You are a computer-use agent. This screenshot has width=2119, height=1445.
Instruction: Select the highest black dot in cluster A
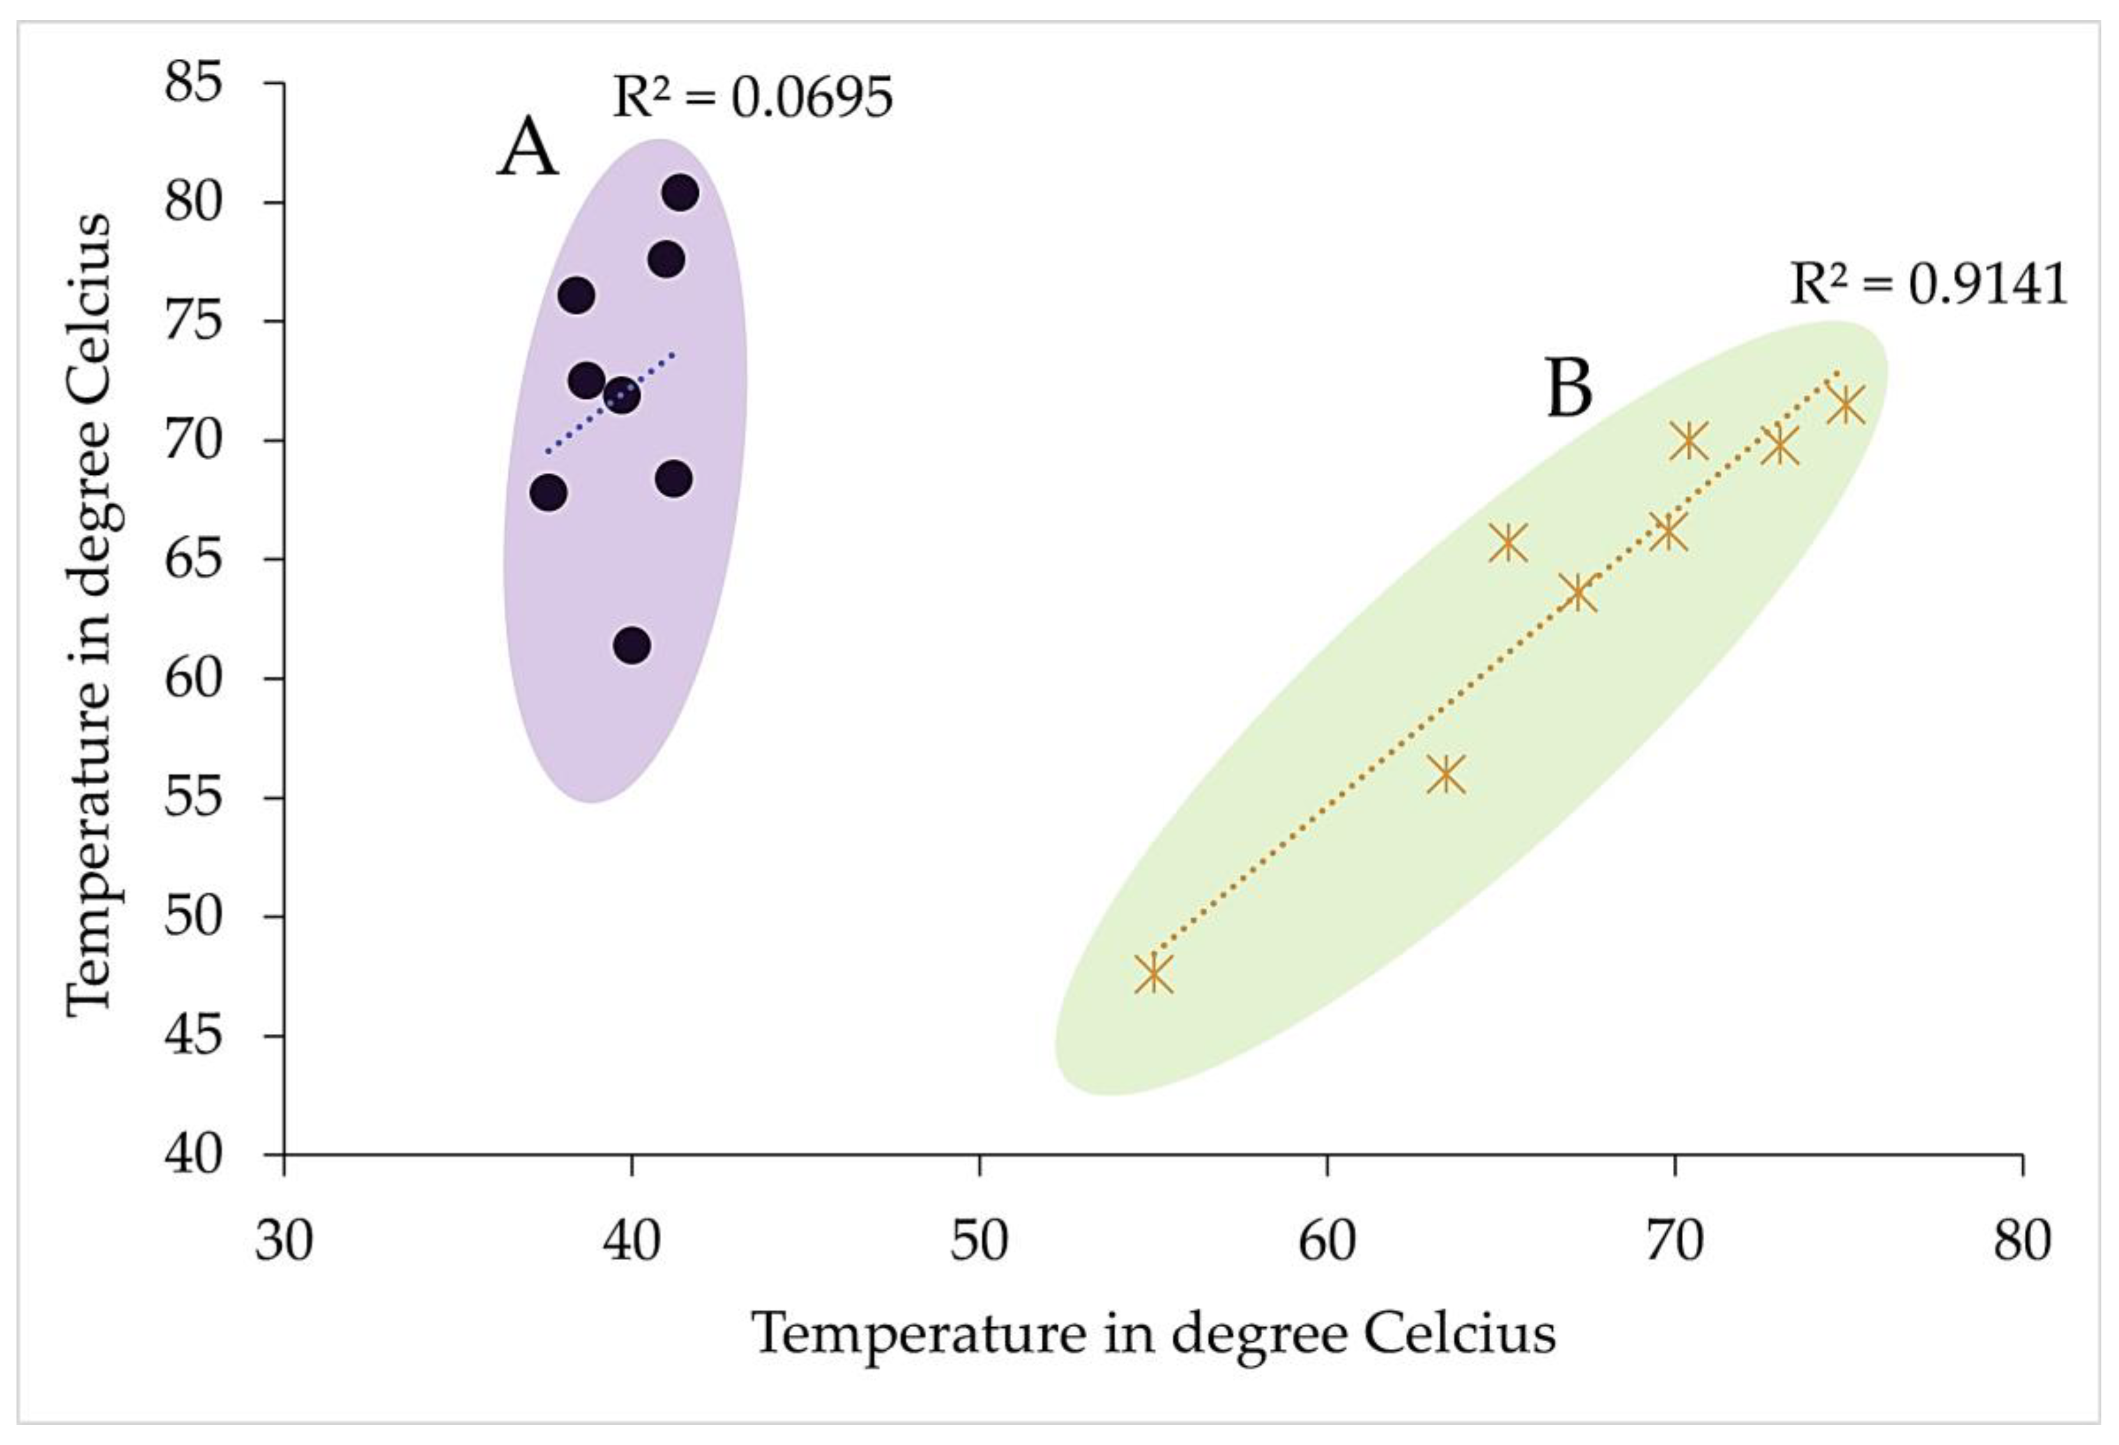point(680,193)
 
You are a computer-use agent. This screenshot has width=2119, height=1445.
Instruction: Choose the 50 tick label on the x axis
point(979,1242)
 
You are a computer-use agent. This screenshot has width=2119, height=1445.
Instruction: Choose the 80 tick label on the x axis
point(2021,1242)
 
